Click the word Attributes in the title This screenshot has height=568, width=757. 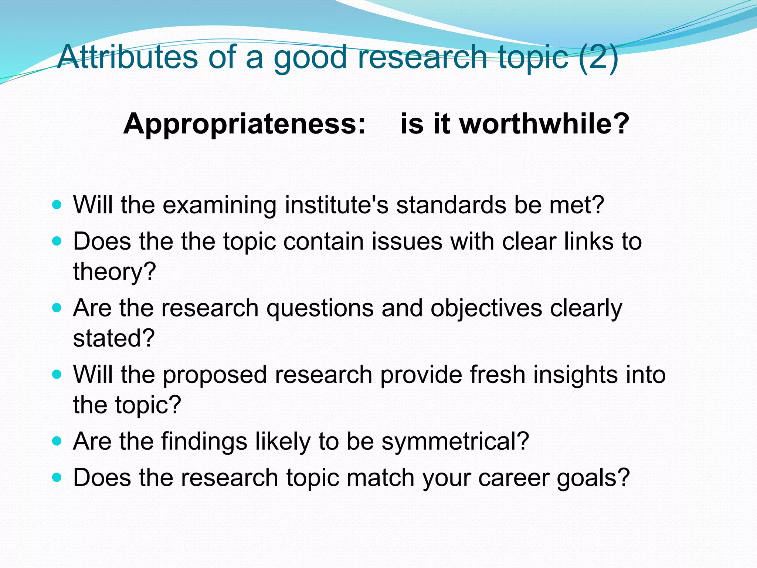[x=128, y=57]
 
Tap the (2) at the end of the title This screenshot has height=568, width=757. [x=599, y=57]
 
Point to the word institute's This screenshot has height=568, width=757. [x=336, y=205]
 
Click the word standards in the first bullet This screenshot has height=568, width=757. [x=451, y=205]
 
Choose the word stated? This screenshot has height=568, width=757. [x=114, y=338]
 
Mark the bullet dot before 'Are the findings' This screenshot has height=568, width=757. [x=57, y=441]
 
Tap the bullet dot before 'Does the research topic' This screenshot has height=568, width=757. [x=57, y=477]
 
